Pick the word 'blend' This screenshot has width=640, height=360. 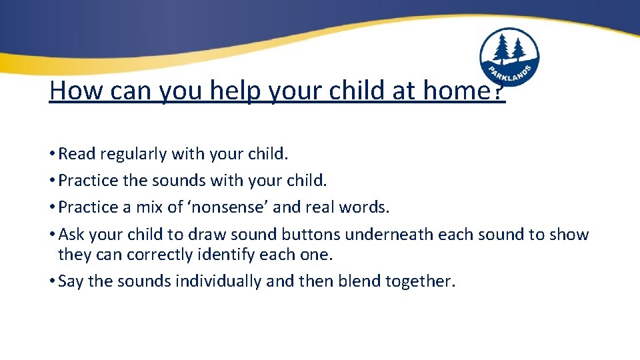click(359, 281)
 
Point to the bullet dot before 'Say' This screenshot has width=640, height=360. click(52, 281)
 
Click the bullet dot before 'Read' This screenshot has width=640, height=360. click(52, 154)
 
